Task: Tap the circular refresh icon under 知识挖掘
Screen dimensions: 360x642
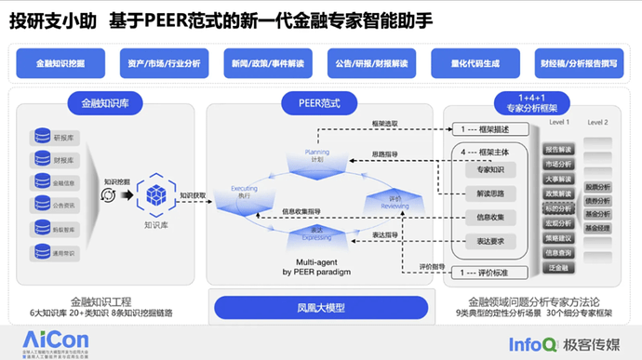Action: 109,195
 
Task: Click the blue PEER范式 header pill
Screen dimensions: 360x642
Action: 318,101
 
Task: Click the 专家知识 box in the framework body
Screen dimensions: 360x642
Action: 484,170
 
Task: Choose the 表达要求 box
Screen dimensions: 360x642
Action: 484,241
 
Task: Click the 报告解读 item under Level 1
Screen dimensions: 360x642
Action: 559,150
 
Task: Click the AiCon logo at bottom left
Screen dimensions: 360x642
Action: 37,340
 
